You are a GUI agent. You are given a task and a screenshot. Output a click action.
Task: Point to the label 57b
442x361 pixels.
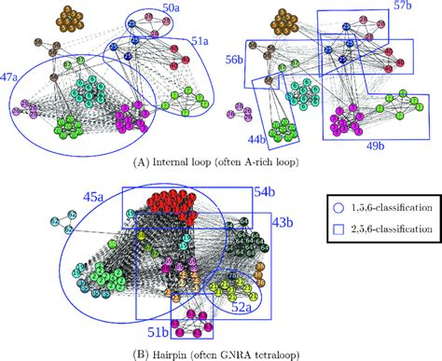(405, 7)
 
